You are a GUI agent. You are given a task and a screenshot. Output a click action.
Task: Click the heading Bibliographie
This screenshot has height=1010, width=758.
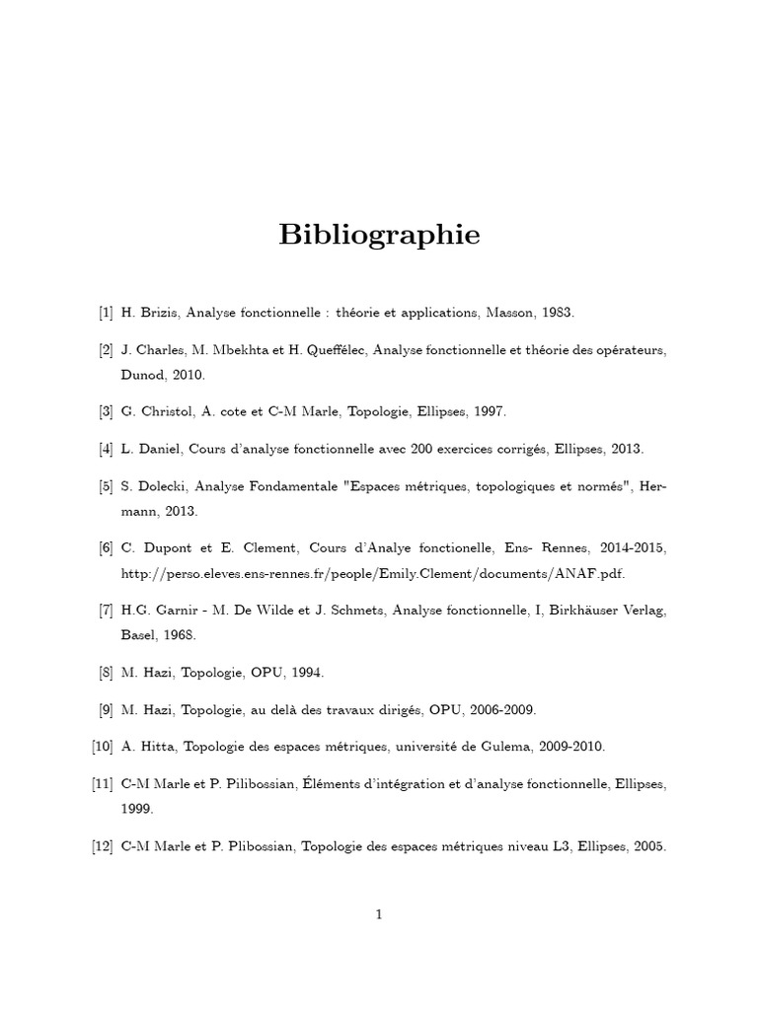[x=379, y=236]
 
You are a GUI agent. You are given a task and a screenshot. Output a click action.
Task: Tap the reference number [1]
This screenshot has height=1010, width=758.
[x=106, y=314]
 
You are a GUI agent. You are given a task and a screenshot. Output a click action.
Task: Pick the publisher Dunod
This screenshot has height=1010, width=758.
[x=143, y=375]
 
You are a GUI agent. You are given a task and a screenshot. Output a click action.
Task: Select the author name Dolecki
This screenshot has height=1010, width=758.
[x=159, y=486]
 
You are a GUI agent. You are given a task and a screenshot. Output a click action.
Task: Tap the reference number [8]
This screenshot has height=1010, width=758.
[x=106, y=673]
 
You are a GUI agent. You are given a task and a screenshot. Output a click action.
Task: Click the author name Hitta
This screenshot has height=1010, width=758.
[x=157, y=747]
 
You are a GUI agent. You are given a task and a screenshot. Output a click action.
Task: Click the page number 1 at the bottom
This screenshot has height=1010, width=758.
[x=378, y=914]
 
